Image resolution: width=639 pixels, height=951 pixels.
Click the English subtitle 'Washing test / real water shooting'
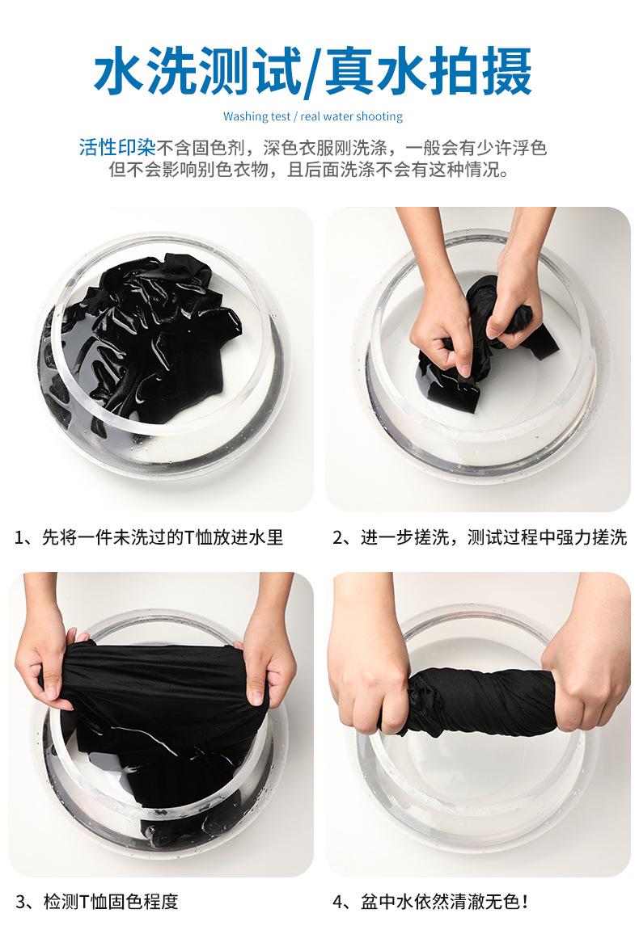(313, 116)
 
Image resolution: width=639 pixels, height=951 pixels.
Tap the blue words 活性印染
(117, 147)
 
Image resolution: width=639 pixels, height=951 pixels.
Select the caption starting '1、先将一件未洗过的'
(150, 537)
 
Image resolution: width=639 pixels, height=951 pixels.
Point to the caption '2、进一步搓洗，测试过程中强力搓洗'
(480, 537)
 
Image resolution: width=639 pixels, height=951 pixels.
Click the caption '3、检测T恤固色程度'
(97, 901)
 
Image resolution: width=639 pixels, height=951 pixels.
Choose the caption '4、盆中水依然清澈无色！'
(430, 901)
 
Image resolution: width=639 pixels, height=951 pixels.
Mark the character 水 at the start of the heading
(121, 72)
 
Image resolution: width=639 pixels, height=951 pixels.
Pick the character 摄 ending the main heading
(506, 72)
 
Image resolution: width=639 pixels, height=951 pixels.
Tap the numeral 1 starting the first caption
(19, 538)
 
